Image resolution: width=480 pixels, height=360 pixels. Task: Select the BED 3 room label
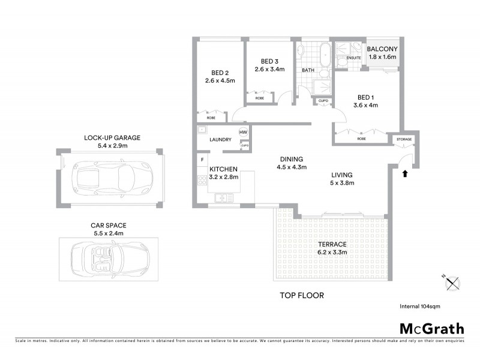tap(269, 61)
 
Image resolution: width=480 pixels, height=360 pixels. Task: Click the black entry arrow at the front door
tap(404, 173)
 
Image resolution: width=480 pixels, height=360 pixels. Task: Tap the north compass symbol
tap(452, 283)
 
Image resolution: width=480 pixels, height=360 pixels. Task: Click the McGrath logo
tap(431, 328)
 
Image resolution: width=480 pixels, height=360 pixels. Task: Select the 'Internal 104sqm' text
tap(419, 306)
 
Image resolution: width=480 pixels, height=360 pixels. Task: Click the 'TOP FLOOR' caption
tap(302, 295)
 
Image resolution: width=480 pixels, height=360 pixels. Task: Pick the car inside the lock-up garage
tap(112, 176)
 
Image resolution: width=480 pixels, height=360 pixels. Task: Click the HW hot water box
tap(244, 133)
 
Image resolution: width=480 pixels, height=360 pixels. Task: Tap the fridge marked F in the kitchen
tap(203, 160)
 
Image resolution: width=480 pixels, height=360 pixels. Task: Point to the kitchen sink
tap(223, 197)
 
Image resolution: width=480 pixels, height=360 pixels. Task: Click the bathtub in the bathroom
tap(325, 56)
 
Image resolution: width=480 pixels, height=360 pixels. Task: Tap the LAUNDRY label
tap(221, 140)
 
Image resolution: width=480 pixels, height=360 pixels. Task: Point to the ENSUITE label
tap(354, 58)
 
